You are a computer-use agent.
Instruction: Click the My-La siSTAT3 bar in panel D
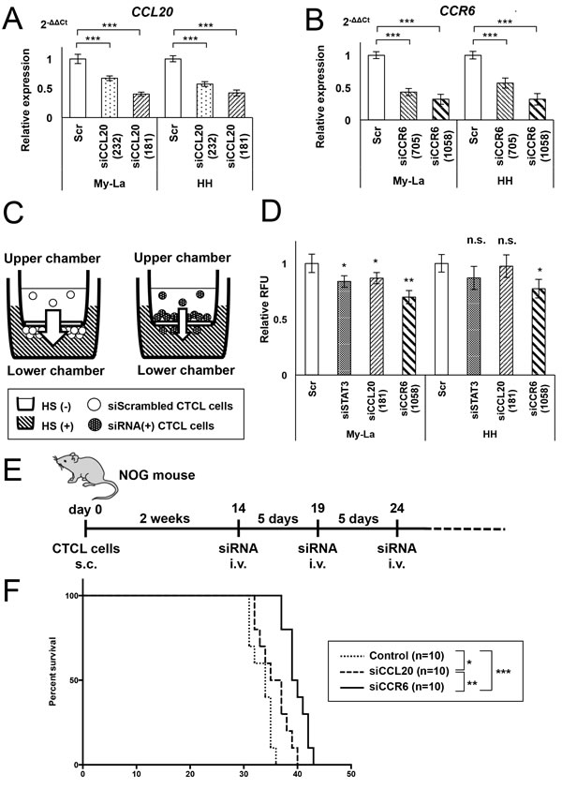pyautogui.click(x=346, y=328)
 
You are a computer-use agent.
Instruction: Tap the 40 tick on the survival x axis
pyautogui.click(x=297, y=775)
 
